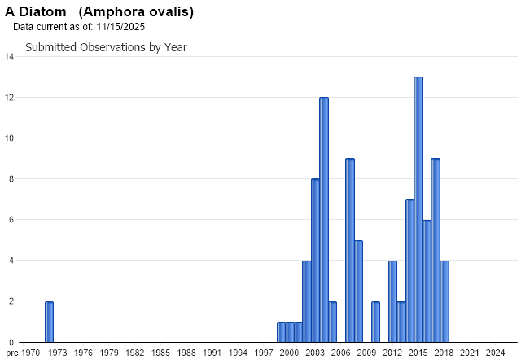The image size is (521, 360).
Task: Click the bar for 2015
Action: tap(418, 209)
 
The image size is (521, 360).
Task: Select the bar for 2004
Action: tap(324, 220)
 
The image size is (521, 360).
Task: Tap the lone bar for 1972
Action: tap(49, 322)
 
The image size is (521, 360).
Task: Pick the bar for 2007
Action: tap(350, 250)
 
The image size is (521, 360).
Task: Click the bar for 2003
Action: tap(315, 261)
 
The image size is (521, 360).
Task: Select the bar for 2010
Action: tap(375, 322)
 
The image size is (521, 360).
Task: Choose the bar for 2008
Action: tap(358, 292)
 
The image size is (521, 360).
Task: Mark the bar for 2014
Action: tap(409, 270)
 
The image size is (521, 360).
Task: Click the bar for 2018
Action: tap(444, 301)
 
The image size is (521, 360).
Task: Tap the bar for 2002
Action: tap(307, 301)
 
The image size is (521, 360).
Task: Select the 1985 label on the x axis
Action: tap(160, 353)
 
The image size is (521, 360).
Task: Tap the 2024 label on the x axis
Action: tap(495, 353)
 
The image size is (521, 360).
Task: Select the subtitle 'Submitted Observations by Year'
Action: tap(106, 47)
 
